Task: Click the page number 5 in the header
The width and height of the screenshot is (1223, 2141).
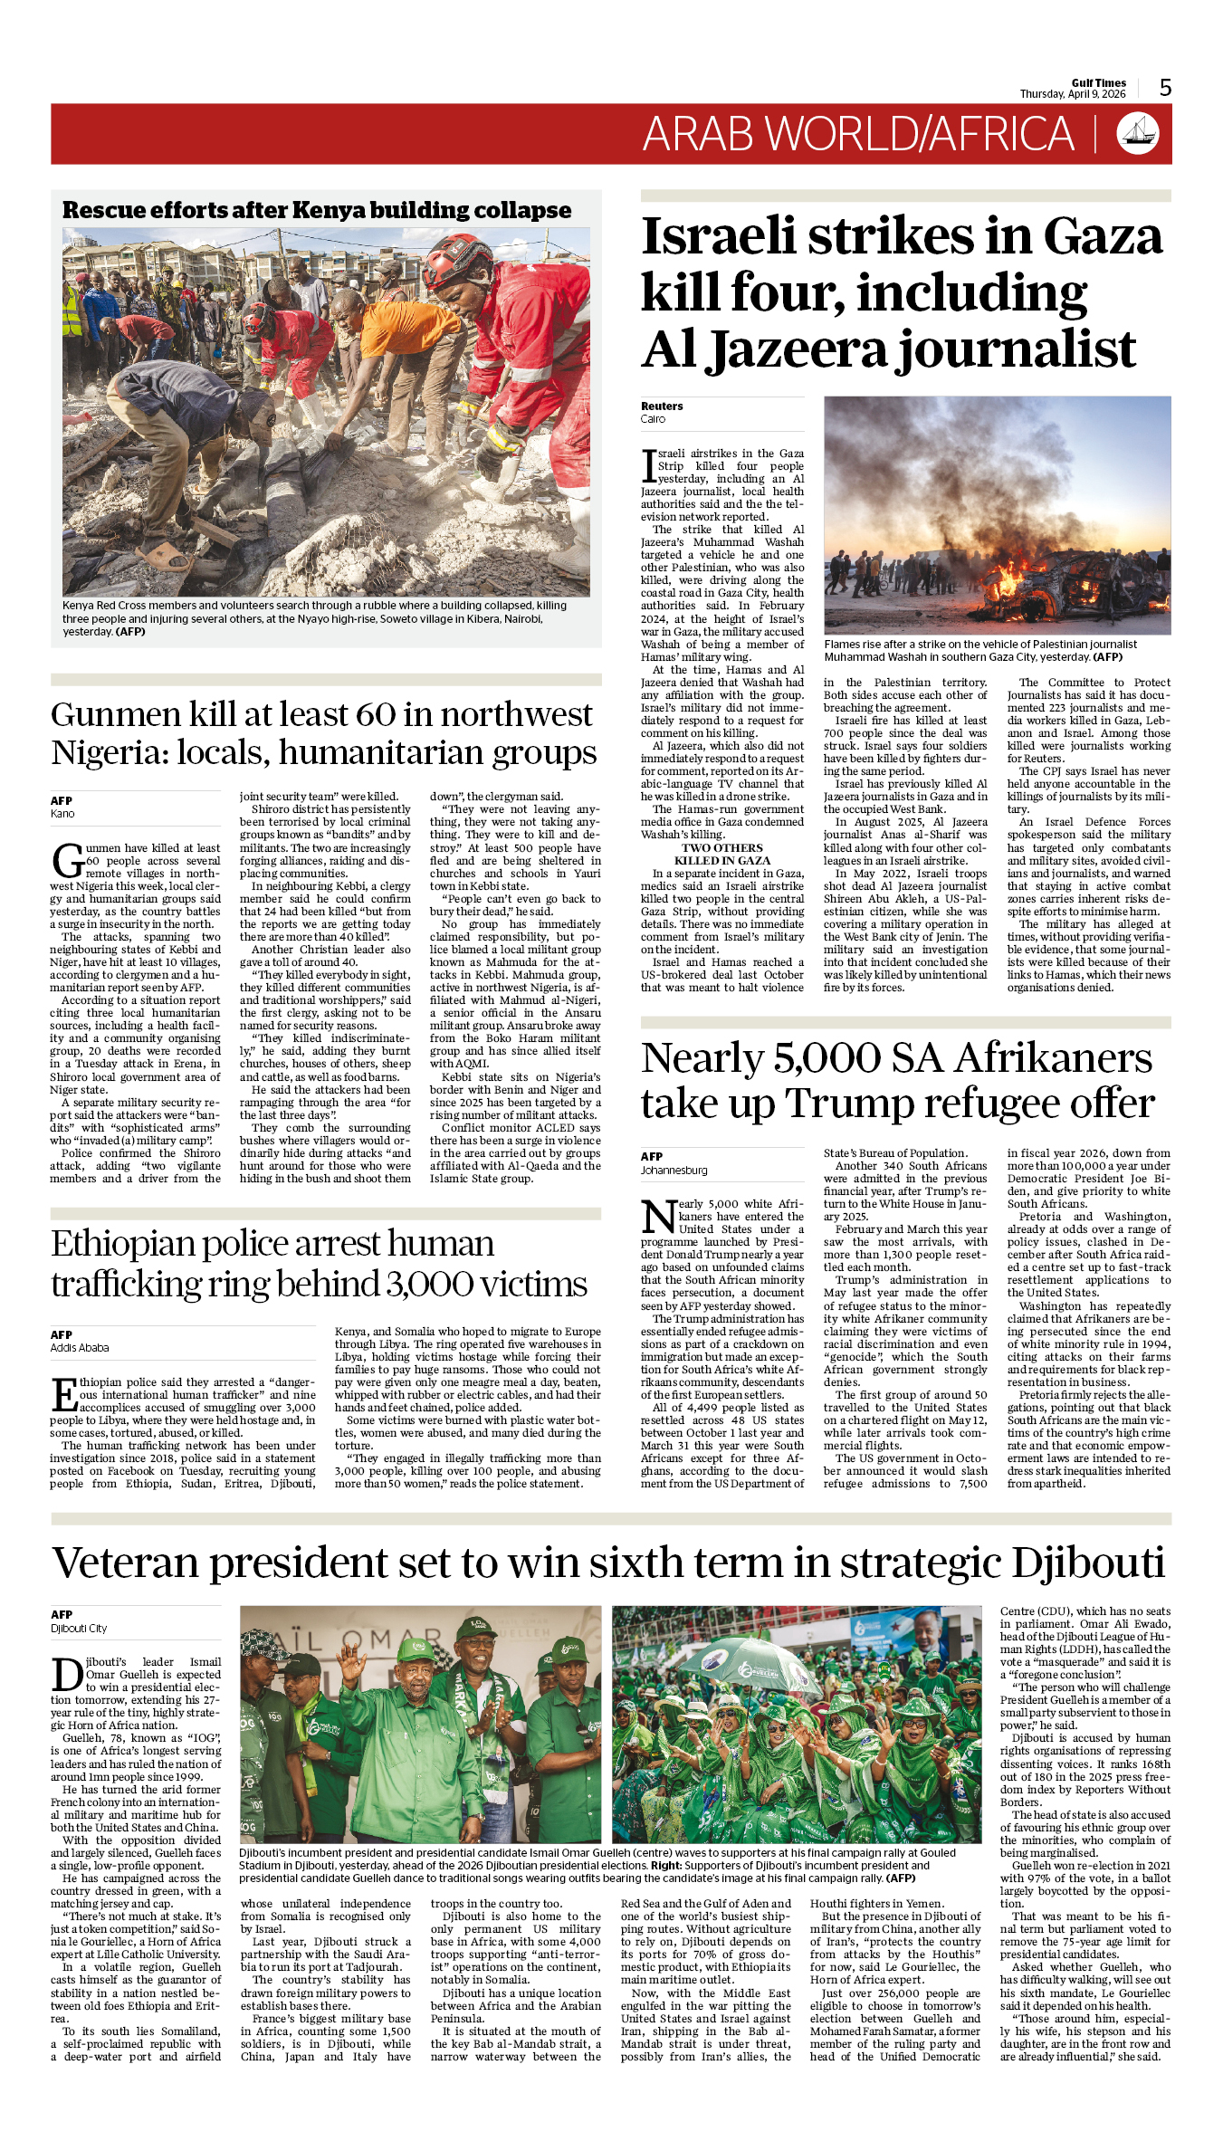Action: pyautogui.click(x=1165, y=88)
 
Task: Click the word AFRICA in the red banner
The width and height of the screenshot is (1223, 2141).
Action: pyautogui.click(x=1001, y=134)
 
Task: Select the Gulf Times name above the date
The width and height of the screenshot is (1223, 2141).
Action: pyautogui.click(x=1098, y=83)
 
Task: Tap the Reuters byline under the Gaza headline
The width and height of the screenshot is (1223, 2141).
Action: pyautogui.click(x=662, y=406)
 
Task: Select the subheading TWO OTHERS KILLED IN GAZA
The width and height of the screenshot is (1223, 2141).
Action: pyautogui.click(x=722, y=855)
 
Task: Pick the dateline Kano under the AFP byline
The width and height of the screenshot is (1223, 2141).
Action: pyautogui.click(x=62, y=814)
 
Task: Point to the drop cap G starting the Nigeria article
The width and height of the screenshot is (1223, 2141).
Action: pyautogui.click(x=67, y=860)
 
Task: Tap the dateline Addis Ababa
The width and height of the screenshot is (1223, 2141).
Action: pyautogui.click(x=80, y=1348)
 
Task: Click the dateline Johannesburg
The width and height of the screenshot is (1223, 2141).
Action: pyautogui.click(x=674, y=1171)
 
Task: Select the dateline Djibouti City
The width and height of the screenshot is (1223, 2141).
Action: pyautogui.click(x=79, y=1629)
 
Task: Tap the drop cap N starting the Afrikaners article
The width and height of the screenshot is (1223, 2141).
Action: pyautogui.click(x=659, y=1216)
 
